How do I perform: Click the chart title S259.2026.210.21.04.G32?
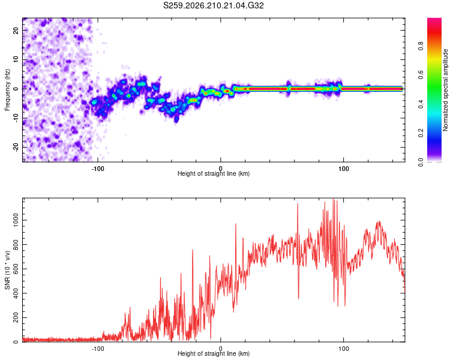pyautogui.click(x=213, y=5)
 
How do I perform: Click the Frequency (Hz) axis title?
pyautogui.click(x=7, y=90)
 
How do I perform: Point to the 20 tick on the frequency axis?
pyautogui.click(x=16, y=31)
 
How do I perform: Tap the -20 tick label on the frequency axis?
pyautogui.click(x=16, y=148)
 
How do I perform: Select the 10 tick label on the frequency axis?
pyautogui.click(x=16, y=59)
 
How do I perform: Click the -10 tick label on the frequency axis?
pyautogui.click(x=16, y=118)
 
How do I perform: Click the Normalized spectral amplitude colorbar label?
pyautogui.click(x=445, y=90)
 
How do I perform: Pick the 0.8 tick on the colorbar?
pyautogui.click(x=421, y=46)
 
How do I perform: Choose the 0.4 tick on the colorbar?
pyautogui.click(x=421, y=104)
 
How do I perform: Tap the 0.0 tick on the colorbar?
pyautogui.click(x=421, y=162)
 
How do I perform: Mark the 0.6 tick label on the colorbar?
pyautogui.click(x=421, y=75)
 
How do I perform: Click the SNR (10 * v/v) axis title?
pyautogui.click(x=8, y=270)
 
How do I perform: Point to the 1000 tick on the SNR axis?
pyautogui.click(x=16, y=220)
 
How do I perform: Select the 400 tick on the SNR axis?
pyautogui.click(x=16, y=293)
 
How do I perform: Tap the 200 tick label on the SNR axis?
pyautogui.click(x=16, y=317)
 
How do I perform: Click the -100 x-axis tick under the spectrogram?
pyautogui.click(x=98, y=169)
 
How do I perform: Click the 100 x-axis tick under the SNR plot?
pyautogui.click(x=344, y=349)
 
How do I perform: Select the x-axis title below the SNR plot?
pyautogui.click(x=214, y=353)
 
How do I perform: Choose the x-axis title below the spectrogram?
pyautogui.click(x=214, y=173)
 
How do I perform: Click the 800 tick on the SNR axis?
pyautogui.click(x=16, y=245)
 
